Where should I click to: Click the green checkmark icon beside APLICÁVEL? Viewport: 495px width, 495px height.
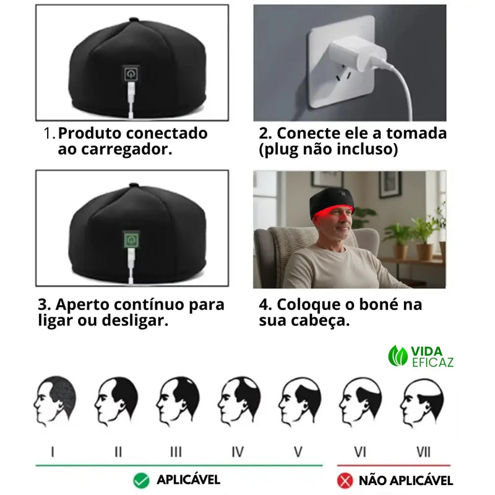point(142,480)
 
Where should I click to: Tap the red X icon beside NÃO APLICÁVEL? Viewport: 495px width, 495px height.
point(344,480)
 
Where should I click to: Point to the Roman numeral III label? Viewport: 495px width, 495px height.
point(176,452)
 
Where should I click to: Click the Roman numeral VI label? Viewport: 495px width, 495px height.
point(360,452)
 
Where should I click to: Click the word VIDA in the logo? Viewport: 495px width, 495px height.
point(426,350)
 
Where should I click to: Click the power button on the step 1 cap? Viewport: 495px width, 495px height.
point(131,74)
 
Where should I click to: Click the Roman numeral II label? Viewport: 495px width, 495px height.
point(118,452)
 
